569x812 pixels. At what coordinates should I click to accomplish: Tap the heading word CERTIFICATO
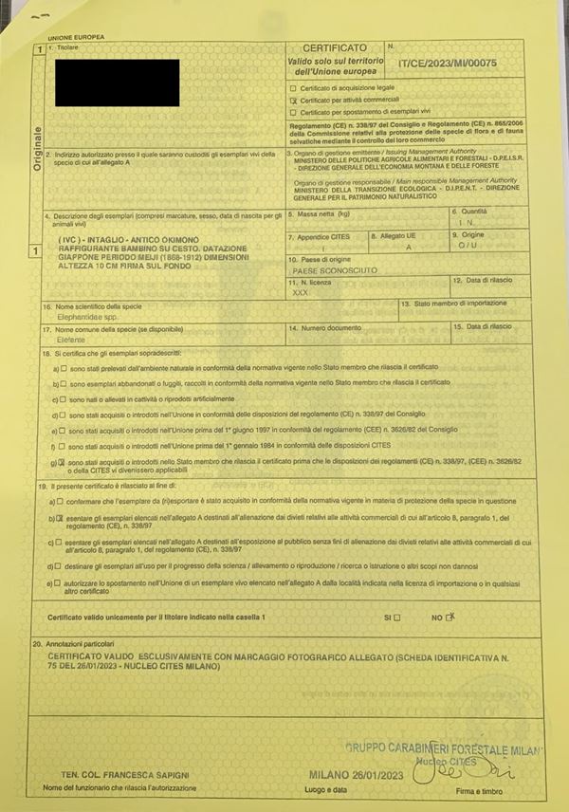point(334,46)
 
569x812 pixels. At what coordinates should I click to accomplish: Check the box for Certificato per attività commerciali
point(293,100)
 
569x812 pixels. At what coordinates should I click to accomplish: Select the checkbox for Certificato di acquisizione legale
point(293,87)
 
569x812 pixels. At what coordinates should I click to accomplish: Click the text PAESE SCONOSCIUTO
point(335,270)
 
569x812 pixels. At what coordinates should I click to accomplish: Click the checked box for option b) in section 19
point(59,519)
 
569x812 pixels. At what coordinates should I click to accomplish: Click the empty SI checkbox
point(397,618)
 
